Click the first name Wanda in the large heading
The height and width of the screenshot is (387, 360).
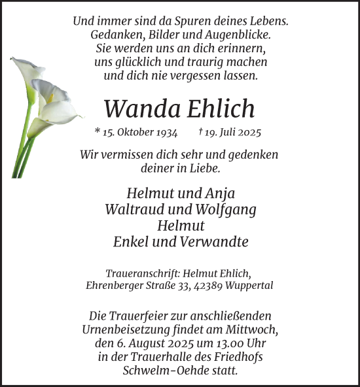(133, 109)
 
